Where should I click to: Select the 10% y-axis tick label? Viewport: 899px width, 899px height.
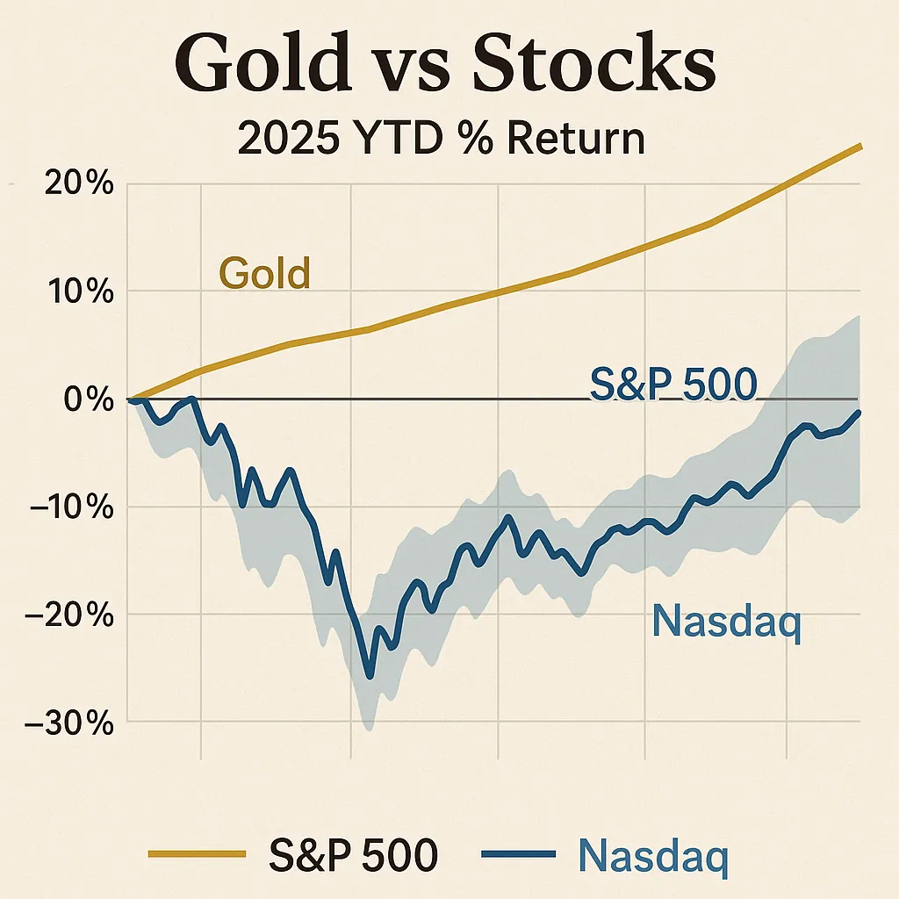click(77, 292)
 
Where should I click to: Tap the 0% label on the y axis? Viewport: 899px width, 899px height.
click(88, 400)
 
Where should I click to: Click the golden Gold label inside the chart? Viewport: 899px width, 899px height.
click(264, 274)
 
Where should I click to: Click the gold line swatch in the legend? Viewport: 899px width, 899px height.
click(195, 852)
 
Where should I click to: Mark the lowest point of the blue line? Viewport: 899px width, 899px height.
click(370, 676)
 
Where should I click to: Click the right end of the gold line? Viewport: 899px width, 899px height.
click(860, 146)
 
